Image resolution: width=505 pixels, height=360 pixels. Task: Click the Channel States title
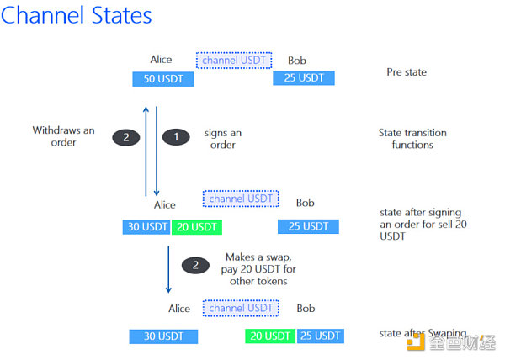(x=77, y=16)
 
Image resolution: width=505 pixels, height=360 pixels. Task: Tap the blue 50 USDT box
(x=163, y=79)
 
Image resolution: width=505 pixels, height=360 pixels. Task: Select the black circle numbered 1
(x=176, y=136)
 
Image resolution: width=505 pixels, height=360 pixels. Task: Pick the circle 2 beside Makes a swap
(x=195, y=264)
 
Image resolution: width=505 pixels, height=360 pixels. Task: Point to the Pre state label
(x=406, y=72)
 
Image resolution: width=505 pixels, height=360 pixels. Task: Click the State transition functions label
(x=412, y=139)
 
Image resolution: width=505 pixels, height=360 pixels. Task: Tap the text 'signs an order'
(x=222, y=139)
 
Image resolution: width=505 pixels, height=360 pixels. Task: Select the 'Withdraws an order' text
(x=64, y=136)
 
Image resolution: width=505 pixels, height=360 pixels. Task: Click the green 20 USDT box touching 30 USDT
(x=196, y=226)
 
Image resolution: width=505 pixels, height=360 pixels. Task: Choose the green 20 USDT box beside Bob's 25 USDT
(x=270, y=336)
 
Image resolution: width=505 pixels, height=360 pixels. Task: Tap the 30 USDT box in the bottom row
(x=163, y=336)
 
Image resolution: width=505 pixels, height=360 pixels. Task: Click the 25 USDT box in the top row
(x=304, y=79)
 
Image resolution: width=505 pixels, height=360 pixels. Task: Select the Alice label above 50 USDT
(x=161, y=60)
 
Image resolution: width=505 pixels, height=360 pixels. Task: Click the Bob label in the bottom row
(x=306, y=309)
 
